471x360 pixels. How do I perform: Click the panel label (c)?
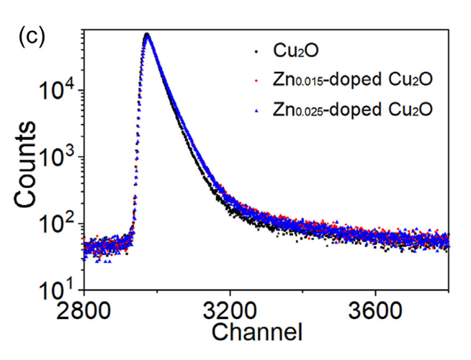(x=32, y=37)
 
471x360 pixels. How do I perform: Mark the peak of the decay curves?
(x=147, y=35)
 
